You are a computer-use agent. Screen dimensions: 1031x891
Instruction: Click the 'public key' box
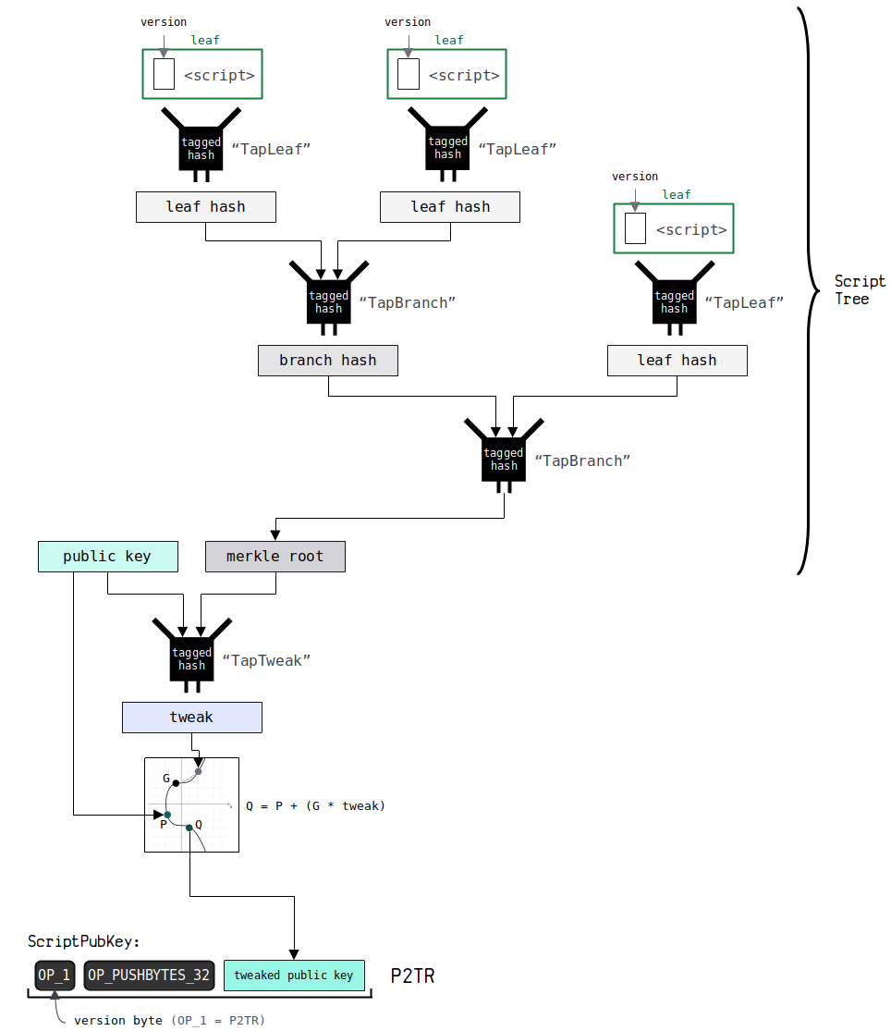pyautogui.click(x=107, y=557)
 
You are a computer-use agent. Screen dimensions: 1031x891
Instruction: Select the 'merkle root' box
pyautogui.click(x=275, y=557)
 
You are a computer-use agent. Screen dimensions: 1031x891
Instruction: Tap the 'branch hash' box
pyautogui.click(x=328, y=361)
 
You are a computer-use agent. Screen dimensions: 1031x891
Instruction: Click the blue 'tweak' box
pyautogui.click(x=191, y=718)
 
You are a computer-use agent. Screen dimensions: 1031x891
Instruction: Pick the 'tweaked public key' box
pyautogui.click(x=294, y=976)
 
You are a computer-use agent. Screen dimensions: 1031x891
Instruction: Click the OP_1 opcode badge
pyautogui.click(x=54, y=976)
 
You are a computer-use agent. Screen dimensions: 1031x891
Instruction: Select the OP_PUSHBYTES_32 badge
pyautogui.click(x=150, y=976)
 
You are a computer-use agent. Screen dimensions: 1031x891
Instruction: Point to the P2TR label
pyautogui.click(x=412, y=976)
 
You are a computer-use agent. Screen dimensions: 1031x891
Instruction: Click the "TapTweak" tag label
pyautogui.click(x=266, y=660)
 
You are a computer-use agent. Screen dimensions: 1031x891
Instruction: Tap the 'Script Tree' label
pyautogui.click(x=859, y=289)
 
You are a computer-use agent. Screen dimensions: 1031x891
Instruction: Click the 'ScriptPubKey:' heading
pyautogui.click(x=84, y=942)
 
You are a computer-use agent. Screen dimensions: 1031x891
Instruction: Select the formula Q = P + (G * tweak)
pyautogui.click(x=315, y=806)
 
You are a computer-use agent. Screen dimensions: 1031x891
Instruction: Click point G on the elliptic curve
pyautogui.click(x=176, y=782)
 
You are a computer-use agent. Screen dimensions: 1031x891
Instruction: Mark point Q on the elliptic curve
pyautogui.click(x=189, y=827)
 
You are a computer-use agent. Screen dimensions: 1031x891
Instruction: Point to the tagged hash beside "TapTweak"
pyautogui.click(x=191, y=658)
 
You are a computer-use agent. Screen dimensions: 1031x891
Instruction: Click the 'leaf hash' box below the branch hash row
pyautogui.click(x=677, y=361)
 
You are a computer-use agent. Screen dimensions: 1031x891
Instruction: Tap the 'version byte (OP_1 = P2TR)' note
pyautogui.click(x=169, y=1021)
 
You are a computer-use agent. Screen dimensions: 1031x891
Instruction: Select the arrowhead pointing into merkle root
pyautogui.click(x=275, y=534)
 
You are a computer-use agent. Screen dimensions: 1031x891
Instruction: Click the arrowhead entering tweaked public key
pyautogui.click(x=294, y=954)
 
